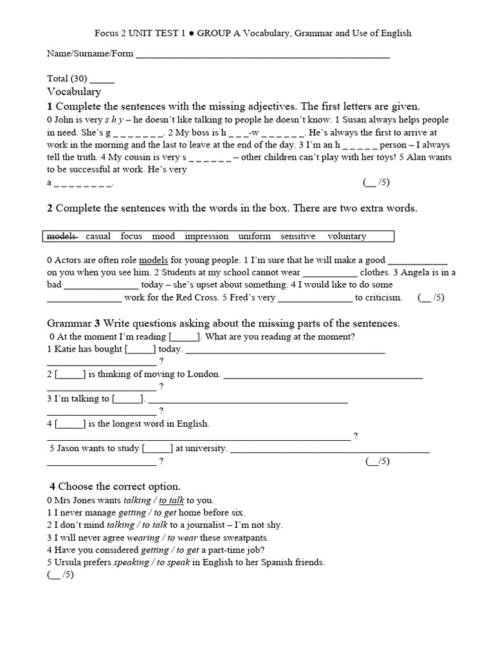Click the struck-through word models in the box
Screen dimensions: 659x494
62,236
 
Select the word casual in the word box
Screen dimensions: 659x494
98,236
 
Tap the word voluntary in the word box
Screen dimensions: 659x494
347,236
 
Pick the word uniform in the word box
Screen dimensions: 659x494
255,236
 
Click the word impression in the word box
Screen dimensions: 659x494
206,236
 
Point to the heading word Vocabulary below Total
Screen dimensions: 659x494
74,92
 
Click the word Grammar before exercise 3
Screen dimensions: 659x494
69,322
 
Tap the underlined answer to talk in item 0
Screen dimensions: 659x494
172,500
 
